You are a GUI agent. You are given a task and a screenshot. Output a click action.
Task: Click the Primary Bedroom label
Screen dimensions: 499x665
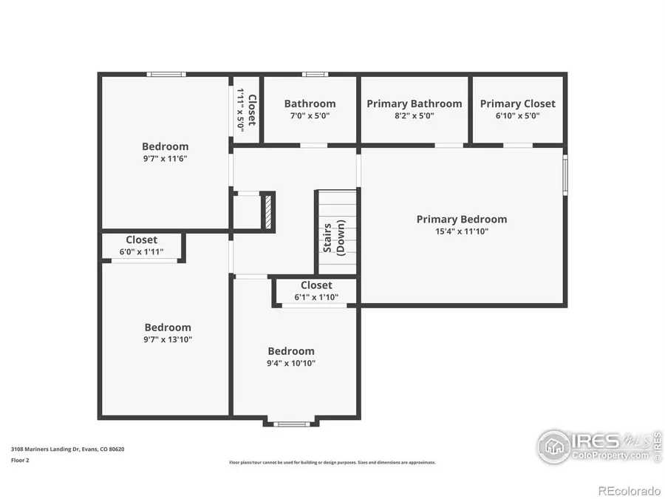(462, 219)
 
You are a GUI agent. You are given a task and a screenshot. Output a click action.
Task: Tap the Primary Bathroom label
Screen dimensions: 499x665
(415, 103)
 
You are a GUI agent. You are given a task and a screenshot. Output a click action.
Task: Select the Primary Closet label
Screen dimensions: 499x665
(517, 103)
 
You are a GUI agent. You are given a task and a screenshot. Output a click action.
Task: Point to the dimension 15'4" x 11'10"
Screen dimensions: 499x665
(462, 231)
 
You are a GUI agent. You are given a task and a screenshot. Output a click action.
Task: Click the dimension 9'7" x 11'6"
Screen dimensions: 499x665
(165, 158)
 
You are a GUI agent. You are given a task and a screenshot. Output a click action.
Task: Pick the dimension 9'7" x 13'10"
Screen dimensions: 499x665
(168, 339)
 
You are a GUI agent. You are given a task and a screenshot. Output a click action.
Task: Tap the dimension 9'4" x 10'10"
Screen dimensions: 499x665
(291, 363)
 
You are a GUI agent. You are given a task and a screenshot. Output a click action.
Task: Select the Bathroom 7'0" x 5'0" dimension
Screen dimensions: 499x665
(310, 115)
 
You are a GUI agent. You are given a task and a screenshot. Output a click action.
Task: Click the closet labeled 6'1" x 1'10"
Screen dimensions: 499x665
(316, 291)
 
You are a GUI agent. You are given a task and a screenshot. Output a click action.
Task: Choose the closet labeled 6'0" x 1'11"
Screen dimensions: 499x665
(141, 246)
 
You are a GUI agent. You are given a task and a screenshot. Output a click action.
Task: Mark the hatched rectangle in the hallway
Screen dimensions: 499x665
(267, 211)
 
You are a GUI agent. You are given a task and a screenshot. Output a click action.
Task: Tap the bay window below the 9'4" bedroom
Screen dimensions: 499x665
(291, 424)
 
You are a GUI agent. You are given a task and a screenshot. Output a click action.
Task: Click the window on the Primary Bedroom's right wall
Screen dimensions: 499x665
(565, 174)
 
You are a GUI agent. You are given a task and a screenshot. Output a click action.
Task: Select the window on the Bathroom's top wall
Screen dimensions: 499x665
(316, 74)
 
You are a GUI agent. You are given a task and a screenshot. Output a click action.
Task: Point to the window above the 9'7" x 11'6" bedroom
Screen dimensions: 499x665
(166, 74)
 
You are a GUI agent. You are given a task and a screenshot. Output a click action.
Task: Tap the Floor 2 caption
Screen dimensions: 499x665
(21, 460)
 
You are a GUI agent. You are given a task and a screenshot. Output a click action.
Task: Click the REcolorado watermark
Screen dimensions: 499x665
(629, 490)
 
